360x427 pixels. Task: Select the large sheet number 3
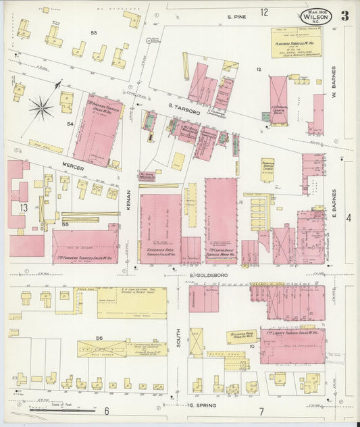point(345,17)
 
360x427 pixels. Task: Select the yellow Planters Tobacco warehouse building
point(296,42)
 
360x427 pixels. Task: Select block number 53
point(94,32)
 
